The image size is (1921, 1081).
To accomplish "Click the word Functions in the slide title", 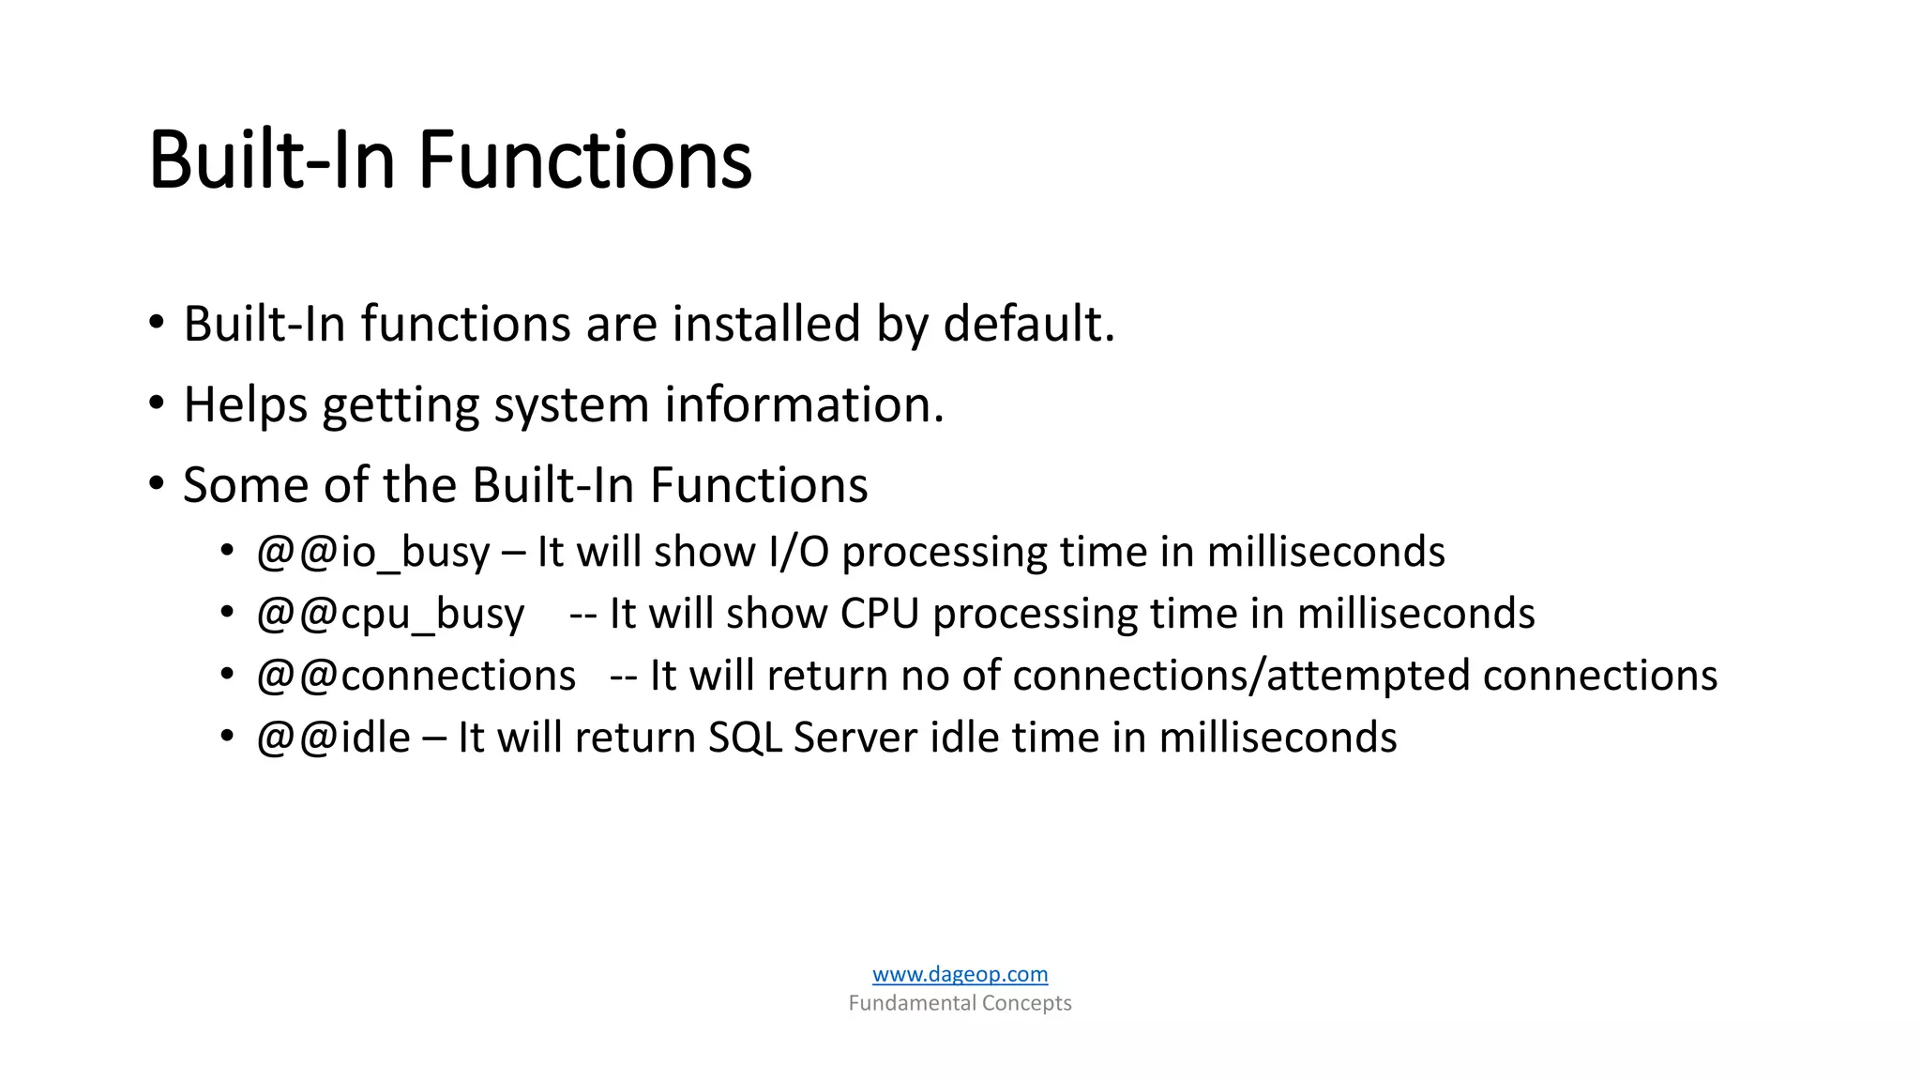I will (x=584, y=160).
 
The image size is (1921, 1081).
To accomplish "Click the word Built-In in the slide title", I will (x=272, y=160).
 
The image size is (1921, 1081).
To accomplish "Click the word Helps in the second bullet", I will (x=245, y=405).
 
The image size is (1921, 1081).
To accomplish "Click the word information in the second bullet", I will (x=803, y=405).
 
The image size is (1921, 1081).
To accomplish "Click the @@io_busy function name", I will (x=372, y=552).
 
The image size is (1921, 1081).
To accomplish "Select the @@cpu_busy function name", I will (x=390, y=614).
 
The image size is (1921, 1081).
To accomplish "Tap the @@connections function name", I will (x=416, y=676).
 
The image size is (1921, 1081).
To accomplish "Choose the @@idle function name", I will (x=333, y=738).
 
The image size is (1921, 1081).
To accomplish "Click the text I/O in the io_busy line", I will (x=798, y=552).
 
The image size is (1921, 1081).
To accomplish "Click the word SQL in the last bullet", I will (x=745, y=738).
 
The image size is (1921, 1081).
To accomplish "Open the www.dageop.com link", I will (x=960, y=974).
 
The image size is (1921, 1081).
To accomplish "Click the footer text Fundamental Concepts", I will (x=960, y=1003).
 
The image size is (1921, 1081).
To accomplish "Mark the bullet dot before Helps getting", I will (x=157, y=404).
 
